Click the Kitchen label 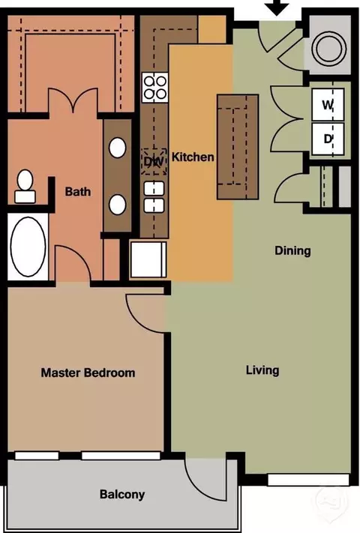point(193,157)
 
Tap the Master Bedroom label point(88,373)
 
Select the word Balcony point(122,495)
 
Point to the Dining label point(292,251)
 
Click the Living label point(262,370)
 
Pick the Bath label point(78,191)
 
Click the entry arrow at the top point(277,7)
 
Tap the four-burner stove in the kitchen point(155,88)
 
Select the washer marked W point(328,104)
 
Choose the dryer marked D point(328,139)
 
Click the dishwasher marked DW point(154,161)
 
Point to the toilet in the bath point(25,187)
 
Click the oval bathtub point(28,247)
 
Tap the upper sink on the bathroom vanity point(117,148)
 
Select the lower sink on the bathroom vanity point(117,205)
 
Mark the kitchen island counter point(238,146)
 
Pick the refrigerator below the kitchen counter point(148,259)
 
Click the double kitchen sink point(154,197)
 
